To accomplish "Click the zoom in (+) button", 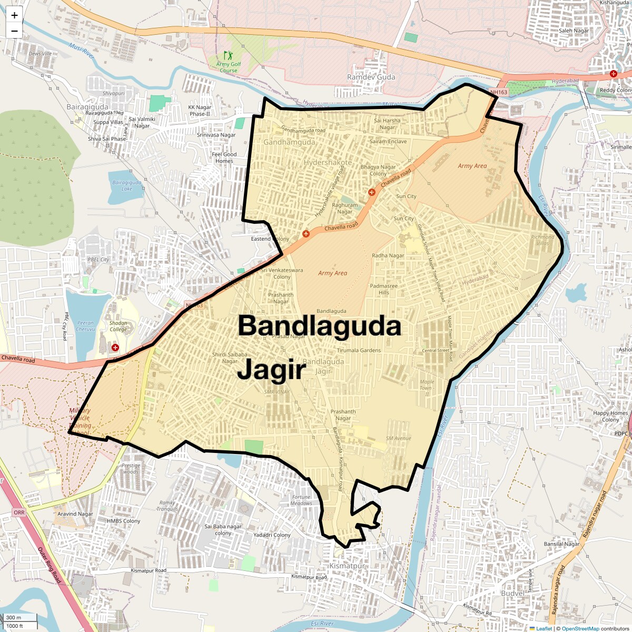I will (14, 15).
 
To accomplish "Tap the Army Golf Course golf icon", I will (228, 55).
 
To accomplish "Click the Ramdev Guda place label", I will (371, 77).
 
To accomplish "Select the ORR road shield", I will (19, 512).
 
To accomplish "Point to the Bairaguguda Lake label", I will (127, 185).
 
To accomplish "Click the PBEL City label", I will (98, 260).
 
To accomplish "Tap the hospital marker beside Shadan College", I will (115, 348).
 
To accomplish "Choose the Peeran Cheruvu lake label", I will (85, 326).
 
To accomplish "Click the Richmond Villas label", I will (542, 240).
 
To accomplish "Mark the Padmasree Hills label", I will (384, 289).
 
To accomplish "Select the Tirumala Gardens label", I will (359, 350).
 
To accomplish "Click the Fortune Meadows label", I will (301, 500).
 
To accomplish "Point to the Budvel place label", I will (512, 593).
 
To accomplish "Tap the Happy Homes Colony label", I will (610, 416).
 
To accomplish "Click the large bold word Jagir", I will (271, 370).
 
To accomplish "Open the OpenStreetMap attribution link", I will (580, 628).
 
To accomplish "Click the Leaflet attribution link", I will (544, 628).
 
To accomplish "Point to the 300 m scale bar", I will (20, 617).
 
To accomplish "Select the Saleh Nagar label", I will (574, 31).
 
